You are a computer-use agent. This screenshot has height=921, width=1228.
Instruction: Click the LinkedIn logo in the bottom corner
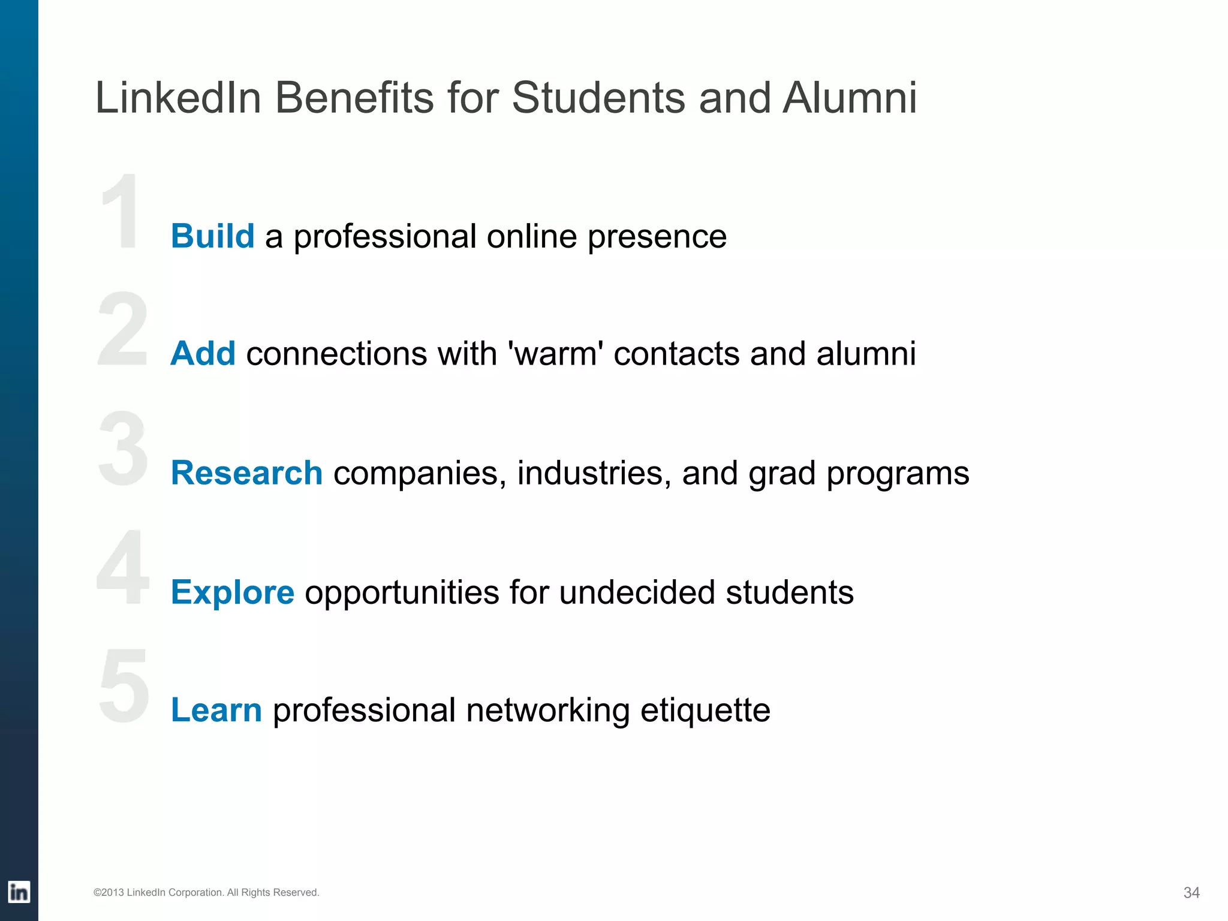coord(19,892)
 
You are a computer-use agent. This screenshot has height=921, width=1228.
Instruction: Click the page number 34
coord(1191,893)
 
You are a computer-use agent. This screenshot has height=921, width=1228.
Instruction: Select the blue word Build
coord(213,236)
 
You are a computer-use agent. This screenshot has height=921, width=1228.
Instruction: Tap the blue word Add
coord(203,353)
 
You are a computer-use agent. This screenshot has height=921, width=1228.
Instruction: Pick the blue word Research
coord(246,472)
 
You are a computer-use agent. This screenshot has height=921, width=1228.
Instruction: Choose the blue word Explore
coord(233,592)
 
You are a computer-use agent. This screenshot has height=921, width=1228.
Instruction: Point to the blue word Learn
coord(216,710)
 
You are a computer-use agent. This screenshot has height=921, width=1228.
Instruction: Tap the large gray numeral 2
coord(123,329)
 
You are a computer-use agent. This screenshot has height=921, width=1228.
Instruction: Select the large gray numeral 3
coord(123,449)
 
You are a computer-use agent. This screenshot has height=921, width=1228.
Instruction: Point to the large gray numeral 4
coord(123,567)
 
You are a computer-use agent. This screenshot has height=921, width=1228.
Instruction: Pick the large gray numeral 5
coord(124,686)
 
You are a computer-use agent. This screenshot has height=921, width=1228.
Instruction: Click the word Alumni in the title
coord(850,97)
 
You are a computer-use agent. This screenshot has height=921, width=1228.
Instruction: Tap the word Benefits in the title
coord(354,97)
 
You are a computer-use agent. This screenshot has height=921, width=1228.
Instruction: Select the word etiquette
coord(705,711)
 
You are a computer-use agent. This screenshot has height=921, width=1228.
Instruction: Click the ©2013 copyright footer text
coord(206,892)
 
